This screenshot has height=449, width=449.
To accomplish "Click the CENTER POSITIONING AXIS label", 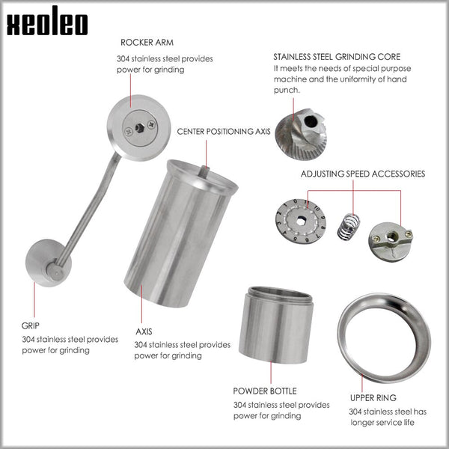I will pyautogui.click(x=223, y=131).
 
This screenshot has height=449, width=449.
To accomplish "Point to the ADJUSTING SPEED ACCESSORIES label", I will pyautogui.click(x=362, y=174).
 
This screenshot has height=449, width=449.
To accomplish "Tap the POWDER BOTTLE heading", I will pyautogui.click(x=264, y=391).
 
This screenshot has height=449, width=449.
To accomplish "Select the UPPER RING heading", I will pyautogui.click(x=373, y=397).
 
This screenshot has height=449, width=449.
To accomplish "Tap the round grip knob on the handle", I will pyautogui.click(x=49, y=263).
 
